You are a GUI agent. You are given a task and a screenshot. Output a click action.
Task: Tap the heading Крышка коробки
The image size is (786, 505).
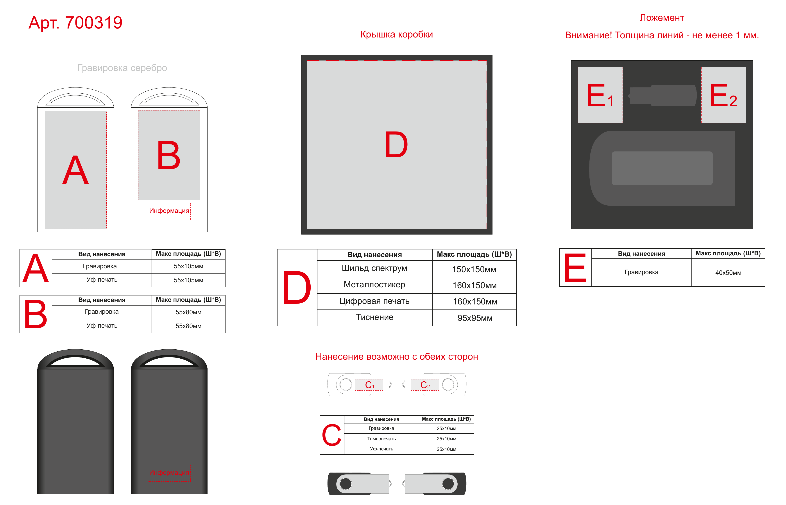tap(396, 34)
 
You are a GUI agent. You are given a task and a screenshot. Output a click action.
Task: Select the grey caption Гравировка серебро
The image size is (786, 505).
tap(122, 68)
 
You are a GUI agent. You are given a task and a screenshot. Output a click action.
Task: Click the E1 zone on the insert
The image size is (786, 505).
tap(600, 95)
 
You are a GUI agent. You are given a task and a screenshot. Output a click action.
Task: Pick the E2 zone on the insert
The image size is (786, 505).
tap(724, 95)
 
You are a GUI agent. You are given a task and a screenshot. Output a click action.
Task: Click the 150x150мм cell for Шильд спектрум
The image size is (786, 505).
tap(474, 269)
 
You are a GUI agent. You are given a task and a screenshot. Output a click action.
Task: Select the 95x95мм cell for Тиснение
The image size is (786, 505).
tap(474, 318)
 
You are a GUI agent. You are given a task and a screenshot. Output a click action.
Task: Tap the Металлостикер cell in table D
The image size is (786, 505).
tap(374, 285)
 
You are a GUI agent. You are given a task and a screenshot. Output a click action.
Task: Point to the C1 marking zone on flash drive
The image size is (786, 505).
tap(369, 385)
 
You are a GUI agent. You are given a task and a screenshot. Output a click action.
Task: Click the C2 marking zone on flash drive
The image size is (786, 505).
tap(425, 385)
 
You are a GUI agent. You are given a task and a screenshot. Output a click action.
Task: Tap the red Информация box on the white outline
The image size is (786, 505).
tap(169, 211)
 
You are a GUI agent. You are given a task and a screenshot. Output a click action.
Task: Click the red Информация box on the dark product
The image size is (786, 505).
tap(169, 473)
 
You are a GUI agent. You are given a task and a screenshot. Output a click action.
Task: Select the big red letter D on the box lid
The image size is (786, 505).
tap(396, 145)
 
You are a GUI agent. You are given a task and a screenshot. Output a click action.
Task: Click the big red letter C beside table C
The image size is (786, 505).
tap(331, 435)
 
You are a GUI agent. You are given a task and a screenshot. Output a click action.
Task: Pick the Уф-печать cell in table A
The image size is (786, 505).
tap(102, 280)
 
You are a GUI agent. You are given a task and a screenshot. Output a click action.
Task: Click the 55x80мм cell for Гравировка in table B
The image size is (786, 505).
tap(188, 312)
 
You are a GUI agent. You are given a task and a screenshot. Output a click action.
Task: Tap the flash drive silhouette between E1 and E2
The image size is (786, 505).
tap(662, 95)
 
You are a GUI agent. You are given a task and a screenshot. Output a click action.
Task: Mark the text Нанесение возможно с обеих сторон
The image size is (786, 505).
tap(396, 357)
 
